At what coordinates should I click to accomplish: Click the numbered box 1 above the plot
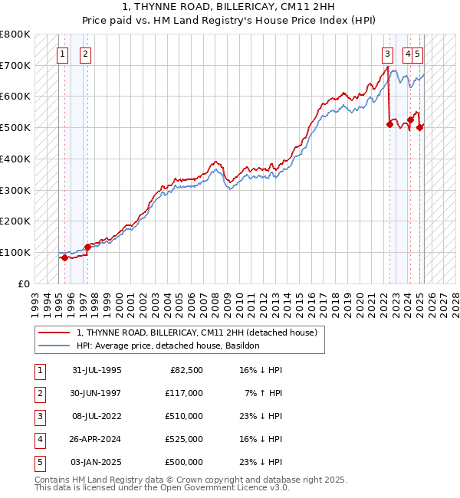coord(62,54)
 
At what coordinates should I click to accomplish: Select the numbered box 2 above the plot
coord(84,54)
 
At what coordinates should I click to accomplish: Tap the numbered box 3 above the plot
coord(388,54)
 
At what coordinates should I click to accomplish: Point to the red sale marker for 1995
coord(64,258)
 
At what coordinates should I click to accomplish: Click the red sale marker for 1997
coord(87,247)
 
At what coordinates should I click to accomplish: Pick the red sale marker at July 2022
coord(389,124)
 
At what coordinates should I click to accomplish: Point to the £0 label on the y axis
coord(24,283)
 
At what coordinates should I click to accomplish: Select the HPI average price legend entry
coord(168,346)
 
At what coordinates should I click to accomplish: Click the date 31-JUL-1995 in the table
coord(96,370)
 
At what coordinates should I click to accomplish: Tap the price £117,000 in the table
coord(183,393)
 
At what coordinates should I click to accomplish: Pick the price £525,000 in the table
coord(183,439)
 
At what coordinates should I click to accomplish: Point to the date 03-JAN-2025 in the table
coord(96,462)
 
